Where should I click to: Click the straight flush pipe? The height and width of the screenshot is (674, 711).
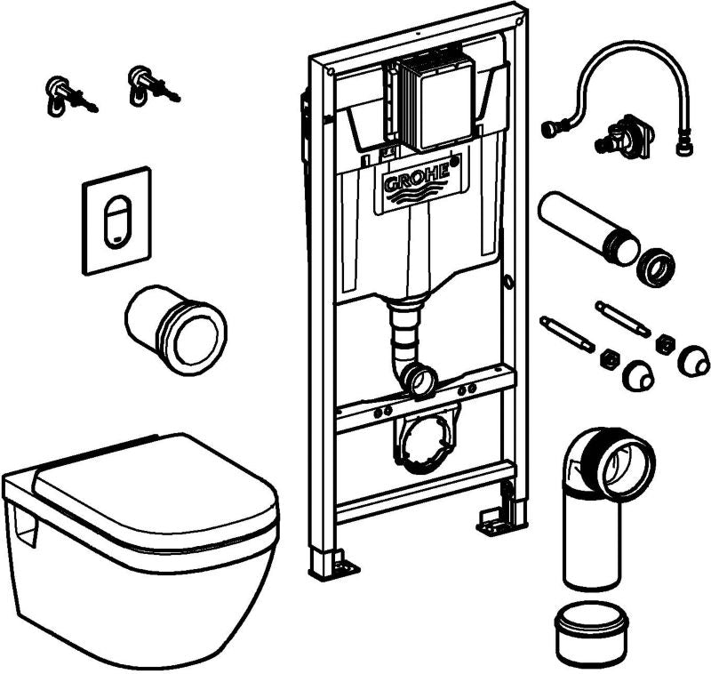582,226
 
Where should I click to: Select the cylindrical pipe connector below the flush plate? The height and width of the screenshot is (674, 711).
175,328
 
